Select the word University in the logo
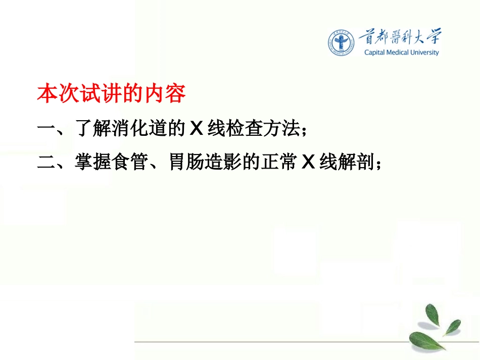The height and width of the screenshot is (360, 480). (427, 53)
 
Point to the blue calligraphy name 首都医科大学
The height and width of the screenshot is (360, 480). (400, 36)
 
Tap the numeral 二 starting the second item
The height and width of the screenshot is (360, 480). (46, 163)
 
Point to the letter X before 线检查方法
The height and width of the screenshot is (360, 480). (196, 130)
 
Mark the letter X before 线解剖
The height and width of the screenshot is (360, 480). (308, 163)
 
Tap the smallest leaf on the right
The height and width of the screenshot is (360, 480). (452, 326)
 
